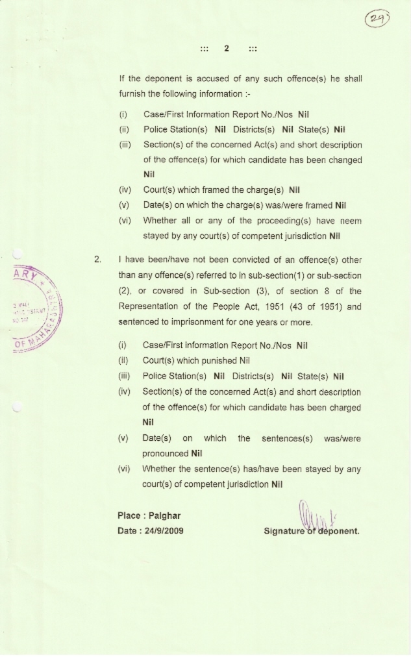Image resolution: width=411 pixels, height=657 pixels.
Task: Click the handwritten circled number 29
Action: click(x=377, y=18)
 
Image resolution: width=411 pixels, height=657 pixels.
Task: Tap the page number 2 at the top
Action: click(x=227, y=49)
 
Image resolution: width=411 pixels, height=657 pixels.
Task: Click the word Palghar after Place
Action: click(x=165, y=515)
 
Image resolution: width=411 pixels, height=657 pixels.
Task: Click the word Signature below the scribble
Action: click(x=286, y=531)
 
